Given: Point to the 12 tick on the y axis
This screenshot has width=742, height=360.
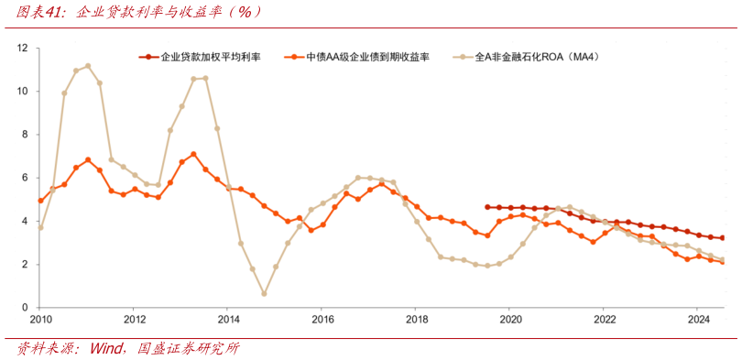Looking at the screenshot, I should pyautogui.click(x=25, y=48).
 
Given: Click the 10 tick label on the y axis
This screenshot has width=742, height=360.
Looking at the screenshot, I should pyautogui.click(x=25, y=92).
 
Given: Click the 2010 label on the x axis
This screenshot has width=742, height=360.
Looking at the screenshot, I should pyautogui.click(x=40, y=320).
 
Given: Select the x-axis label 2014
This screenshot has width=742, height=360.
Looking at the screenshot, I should pyautogui.click(x=229, y=320).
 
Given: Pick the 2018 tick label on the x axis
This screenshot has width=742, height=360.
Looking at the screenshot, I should pyautogui.click(x=417, y=320).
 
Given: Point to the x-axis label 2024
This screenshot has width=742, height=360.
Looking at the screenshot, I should pyautogui.click(x=697, y=320).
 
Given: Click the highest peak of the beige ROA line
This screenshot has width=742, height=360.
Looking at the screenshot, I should pyautogui.click(x=88, y=66).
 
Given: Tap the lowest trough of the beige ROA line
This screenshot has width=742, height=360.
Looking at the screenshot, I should pyautogui.click(x=264, y=294).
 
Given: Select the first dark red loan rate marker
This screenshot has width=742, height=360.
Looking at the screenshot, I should pyautogui.click(x=487, y=207).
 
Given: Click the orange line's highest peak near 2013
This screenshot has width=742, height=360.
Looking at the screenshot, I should pyautogui.click(x=193, y=154).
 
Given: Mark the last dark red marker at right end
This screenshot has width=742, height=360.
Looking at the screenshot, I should pyautogui.click(x=722, y=238).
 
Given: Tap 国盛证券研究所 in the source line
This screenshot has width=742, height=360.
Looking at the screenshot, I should pyautogui.click(x=188, y=349).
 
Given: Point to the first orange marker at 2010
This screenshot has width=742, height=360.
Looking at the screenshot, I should pyautogui.click(x=40, y=201).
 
